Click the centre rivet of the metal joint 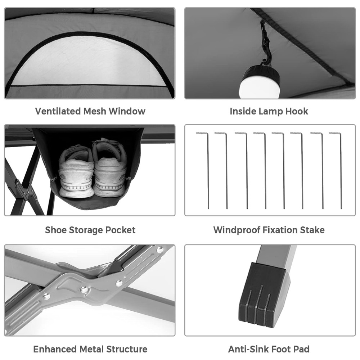[x=84, y=289]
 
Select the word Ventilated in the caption [x=58, y=111]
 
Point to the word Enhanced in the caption [x=55, y=349]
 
